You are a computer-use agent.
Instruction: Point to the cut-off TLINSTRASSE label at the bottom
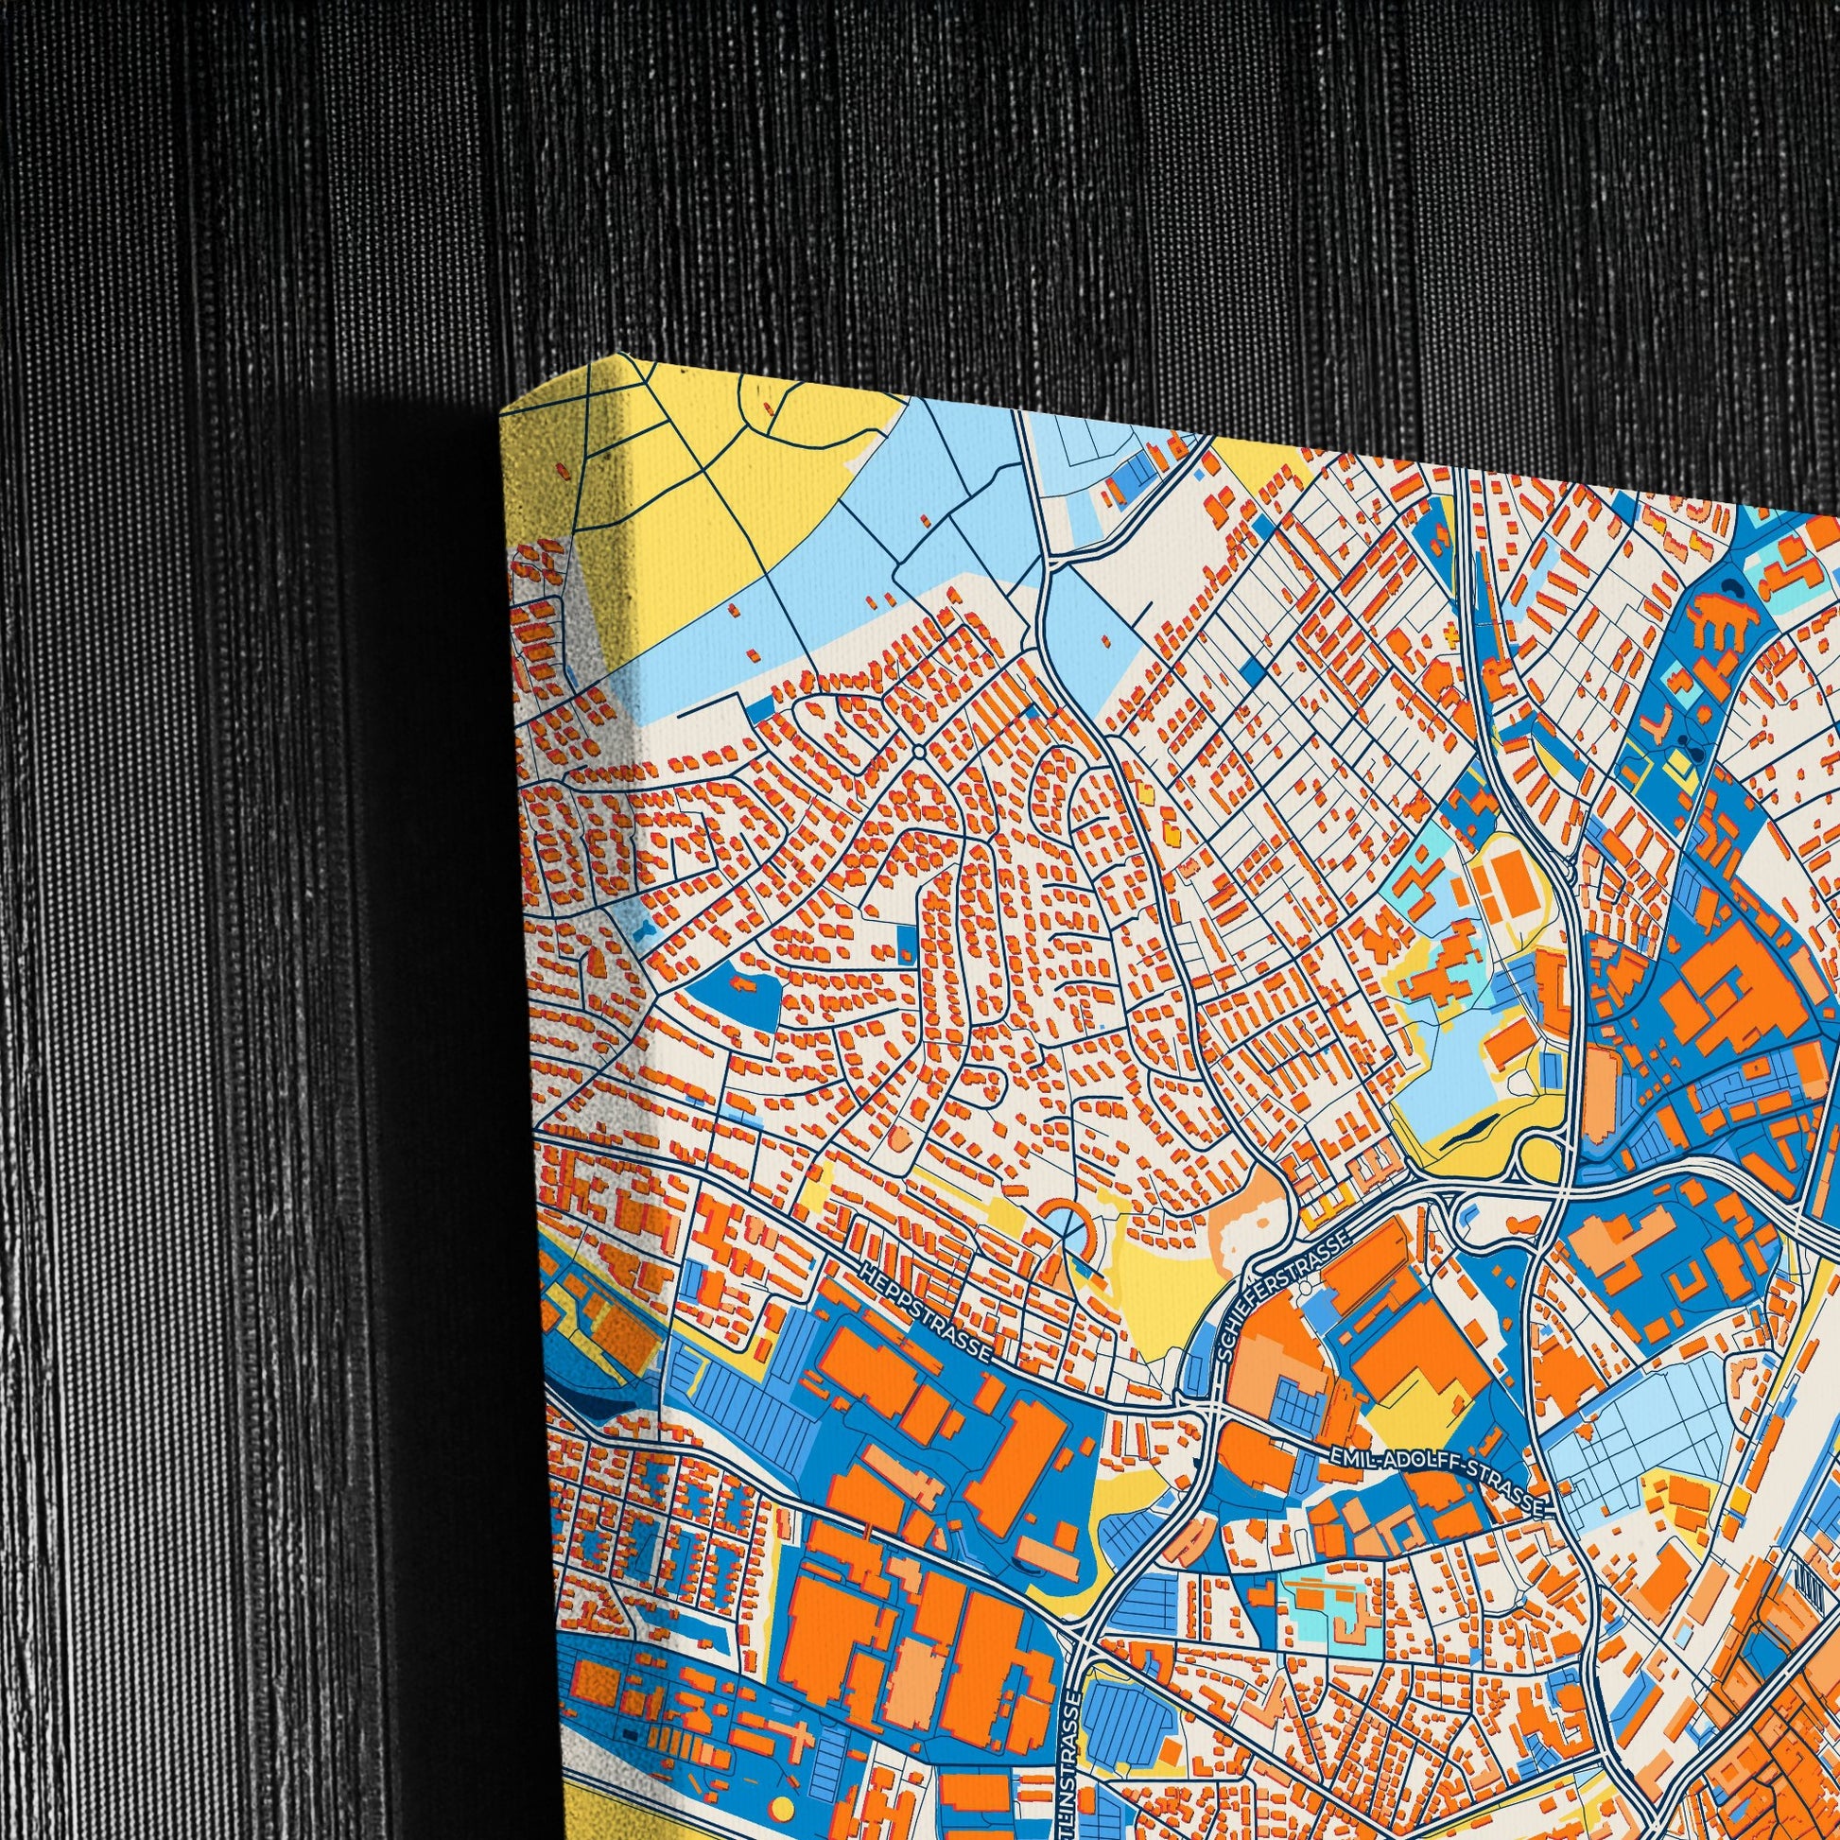click(x=1075, y=1771)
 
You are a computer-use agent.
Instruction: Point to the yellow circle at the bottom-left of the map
click(x=781, y=1808)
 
